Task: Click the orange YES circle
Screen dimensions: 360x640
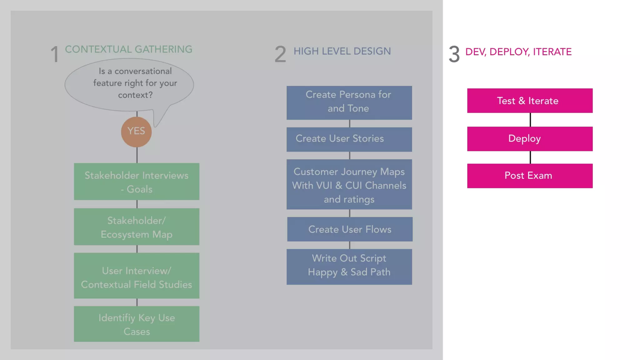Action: (136, 132)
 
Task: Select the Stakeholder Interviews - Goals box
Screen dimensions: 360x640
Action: (137, 182)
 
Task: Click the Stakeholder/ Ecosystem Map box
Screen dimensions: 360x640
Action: (137, 227)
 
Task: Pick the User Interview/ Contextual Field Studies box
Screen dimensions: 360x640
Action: (137, 276)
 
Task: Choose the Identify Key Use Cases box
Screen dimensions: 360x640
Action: (137, 324)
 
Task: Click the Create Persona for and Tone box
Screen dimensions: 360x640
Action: (349, 103)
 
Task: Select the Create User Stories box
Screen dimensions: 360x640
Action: (349, 139)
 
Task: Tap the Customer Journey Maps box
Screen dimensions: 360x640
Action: (349, 184)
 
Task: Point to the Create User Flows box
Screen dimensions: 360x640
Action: (350, 229)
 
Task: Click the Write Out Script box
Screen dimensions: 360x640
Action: (349, 267)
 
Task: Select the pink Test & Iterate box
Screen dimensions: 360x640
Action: (530, 101)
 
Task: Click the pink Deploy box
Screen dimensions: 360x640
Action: (530, 139)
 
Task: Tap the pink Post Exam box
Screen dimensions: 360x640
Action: (530, 176)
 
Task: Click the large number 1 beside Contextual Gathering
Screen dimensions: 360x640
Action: (55, 54)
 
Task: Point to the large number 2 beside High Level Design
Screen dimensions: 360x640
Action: (280, 54)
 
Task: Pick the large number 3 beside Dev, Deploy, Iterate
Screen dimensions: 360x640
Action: (454, 54)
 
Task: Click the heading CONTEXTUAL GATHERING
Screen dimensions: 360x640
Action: (128, 49)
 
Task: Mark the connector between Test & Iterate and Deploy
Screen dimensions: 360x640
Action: (530, 120)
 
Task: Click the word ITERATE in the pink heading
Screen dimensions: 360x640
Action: (552, 52)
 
